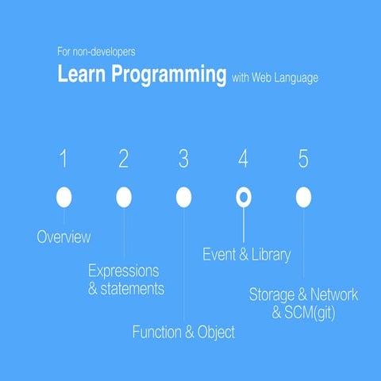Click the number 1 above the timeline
(64, 160)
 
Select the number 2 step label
(124, 160)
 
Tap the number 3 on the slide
(183, 160)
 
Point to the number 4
(243, 160)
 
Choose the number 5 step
(303, 160)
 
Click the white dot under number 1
(64, 197)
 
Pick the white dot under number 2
(124, 197)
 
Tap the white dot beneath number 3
(183, 197)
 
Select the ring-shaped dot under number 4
(244, 197)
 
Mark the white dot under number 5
(303, 197)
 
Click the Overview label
(63, 237)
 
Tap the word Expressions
(123, 271)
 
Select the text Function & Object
(183, 333)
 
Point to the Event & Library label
(246, 255)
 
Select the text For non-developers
(96, 52)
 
